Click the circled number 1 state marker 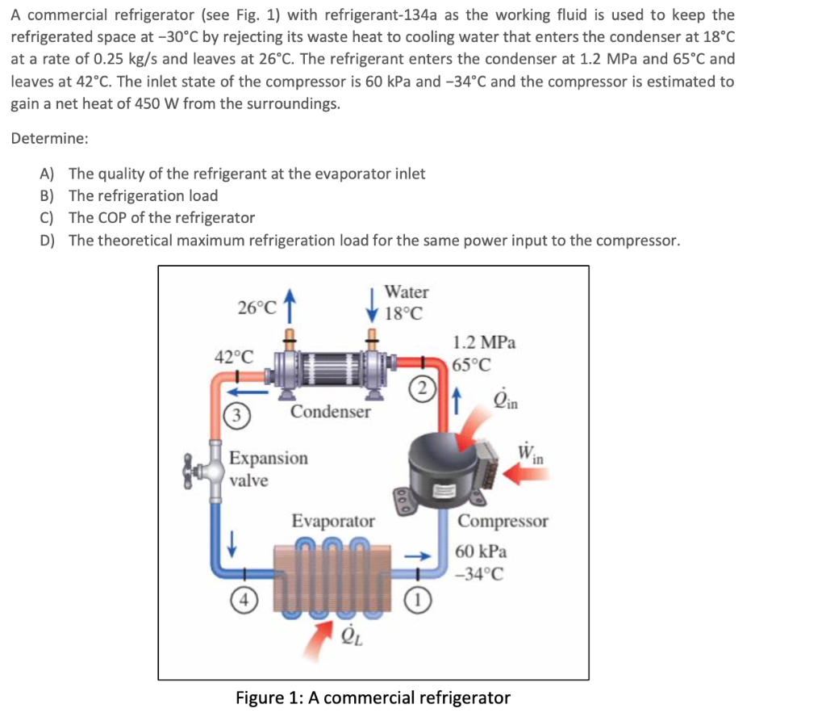click(419, 600)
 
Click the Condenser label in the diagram click(331, 412)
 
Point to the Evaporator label click(332, 522)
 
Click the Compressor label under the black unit click(503, 521)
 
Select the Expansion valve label click(268, 469)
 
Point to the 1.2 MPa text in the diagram click(484, 342)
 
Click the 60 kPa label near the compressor click(481, 552)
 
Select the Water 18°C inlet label click(406, 302)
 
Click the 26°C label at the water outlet click(257, 308)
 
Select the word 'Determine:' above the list click(49, 138)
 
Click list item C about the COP click(161, 218)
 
